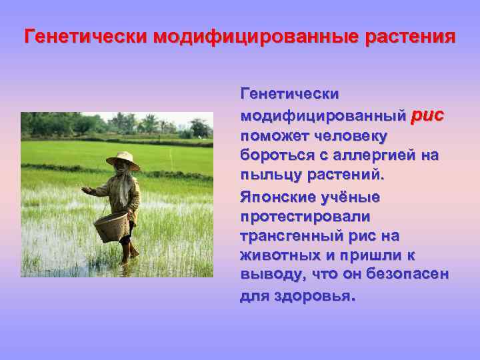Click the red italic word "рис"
(427, 115)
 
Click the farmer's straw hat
(122, 159)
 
